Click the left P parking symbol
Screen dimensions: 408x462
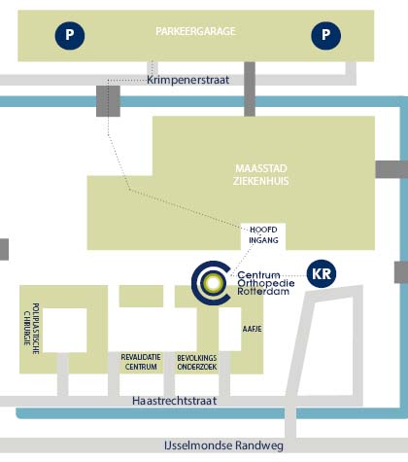pyautogui.click(x=70, y=35)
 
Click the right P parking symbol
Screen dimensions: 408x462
pyautogui.click(x=325, y=35)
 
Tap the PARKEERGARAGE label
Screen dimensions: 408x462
pyautogui.click(x=195, y=31)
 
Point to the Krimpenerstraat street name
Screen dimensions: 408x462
pyautogui.click(x=188, y=80)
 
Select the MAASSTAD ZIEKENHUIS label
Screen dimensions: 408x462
pyautogui.click(x=261, y=175)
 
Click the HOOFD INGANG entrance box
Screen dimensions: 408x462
pyautogui.click(x=263, y=236)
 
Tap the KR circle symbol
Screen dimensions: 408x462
pyautogui.click(x=322, y=274)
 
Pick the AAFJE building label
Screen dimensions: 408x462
pyautogui.click(x=253, y=329)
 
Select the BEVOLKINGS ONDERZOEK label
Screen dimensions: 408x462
pyautogui.click(x=197, y=363)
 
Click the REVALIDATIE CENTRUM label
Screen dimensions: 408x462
pyautogui.click(x=141, y=362)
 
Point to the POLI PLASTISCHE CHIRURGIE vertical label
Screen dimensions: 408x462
pyautogui.click(x=31, y=329)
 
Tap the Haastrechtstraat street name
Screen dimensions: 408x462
pyautogui.click(x=175, y=401)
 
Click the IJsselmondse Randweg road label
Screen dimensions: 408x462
pyautogui.click(x=223, y=445)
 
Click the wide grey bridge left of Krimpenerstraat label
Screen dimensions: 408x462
pyautogui.click(x=108, y=101)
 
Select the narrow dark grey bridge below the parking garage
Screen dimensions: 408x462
pyautogui.click(x=250, y=89)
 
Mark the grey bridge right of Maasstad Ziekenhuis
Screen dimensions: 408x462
pyautogui.click(x=391, y=169)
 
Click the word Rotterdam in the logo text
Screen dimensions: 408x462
pyautogui.click(x=263, y=291)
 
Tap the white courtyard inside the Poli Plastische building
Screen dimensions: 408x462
pyautogui.click(x=65, y=330)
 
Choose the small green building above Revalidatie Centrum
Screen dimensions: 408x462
pyautogui.click(x=141, y=296)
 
